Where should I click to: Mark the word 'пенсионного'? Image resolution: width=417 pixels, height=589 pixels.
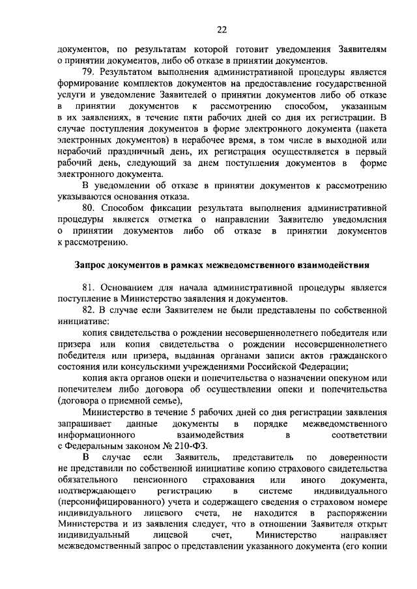point(162,480)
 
